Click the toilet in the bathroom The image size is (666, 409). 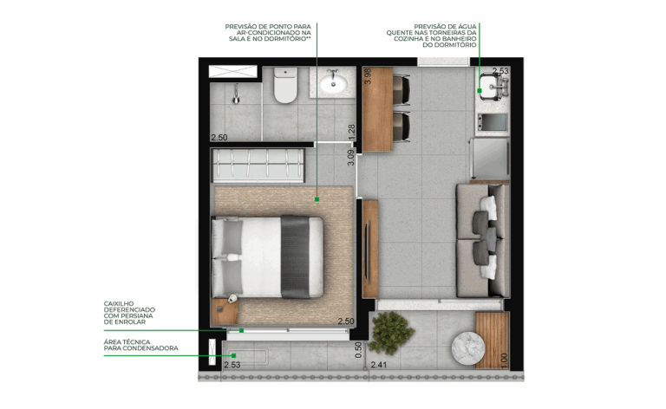coord(285,85)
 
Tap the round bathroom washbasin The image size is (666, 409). coord(333,82)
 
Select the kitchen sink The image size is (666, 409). coord(493,87)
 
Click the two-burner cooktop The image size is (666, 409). coord(493,123)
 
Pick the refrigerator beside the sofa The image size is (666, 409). coord(490,159)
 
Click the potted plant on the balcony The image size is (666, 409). coord(389,333)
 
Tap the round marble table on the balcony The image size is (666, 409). coord(467,348)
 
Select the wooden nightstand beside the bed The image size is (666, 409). coord(225,312)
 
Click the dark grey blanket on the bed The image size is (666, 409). coord(295,256)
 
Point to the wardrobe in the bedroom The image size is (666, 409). coord(258,166)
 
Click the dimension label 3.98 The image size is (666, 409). coord(368,76)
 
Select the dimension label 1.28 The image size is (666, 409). coord(351,132)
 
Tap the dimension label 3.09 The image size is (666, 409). coord(350,158)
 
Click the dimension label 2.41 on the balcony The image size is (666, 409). coord(379,365)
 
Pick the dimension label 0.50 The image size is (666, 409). coord(358,350)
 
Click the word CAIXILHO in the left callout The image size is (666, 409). coord(119,304)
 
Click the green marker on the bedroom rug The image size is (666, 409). coord(317,199)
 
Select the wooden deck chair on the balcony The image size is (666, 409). coord(492,341)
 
